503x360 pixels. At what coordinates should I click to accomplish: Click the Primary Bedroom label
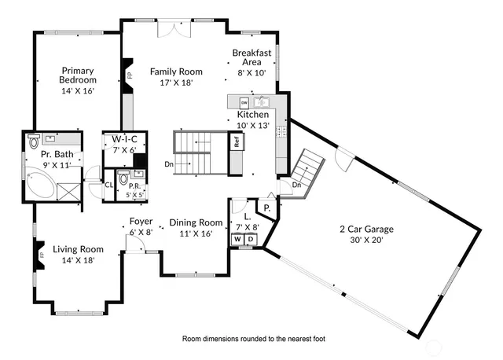[78, 75]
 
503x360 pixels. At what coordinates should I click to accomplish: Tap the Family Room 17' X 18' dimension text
[171, 82]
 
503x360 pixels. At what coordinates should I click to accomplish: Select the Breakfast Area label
[251, 57]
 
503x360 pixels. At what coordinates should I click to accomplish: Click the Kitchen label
[253, 114]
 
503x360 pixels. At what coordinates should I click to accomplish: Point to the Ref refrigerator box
[235, 142]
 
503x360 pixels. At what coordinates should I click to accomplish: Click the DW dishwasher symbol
[244, 102]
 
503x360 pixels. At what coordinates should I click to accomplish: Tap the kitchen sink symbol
[263, 101]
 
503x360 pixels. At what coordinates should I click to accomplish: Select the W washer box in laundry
[237, 239]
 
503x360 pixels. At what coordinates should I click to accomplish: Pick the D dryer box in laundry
[249, 239]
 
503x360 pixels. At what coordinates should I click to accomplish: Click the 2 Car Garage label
[366, 230]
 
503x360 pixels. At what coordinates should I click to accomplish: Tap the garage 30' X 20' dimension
[366, 241]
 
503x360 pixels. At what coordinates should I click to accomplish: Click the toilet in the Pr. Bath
[33, 142]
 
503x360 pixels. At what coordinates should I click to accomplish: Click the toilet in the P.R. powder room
[123, 178]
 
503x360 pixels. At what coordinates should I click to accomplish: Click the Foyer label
[141, 222]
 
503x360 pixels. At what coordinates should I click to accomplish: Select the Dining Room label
[196, 222]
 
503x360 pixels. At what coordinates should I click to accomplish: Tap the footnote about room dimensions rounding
[253, 339]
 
